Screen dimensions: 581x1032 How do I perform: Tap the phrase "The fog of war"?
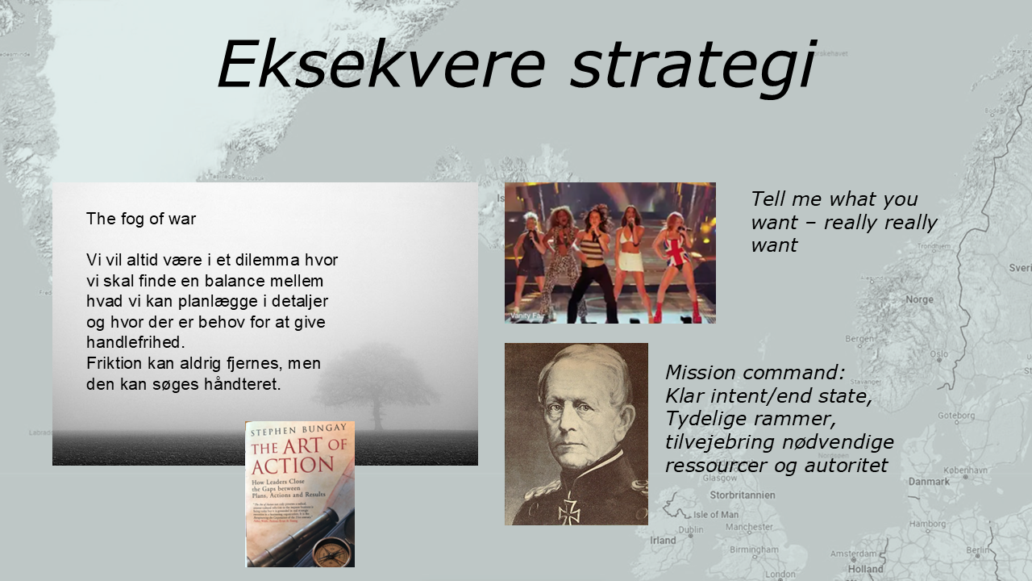tap(141, 219)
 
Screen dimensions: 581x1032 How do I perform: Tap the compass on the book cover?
tap(329, 552)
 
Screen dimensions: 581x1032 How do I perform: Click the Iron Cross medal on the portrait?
tap(569, 509)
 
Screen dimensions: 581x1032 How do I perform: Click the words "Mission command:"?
tap(755, 373)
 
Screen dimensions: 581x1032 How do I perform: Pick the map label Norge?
tap(919, 299)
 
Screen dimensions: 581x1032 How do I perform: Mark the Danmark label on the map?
tap(929, 482)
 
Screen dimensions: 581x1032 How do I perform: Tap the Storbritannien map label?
tap(742, 495)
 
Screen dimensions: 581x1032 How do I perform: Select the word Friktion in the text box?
tap(114, 363)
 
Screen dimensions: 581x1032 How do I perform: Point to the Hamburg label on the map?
tap(928, 524)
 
